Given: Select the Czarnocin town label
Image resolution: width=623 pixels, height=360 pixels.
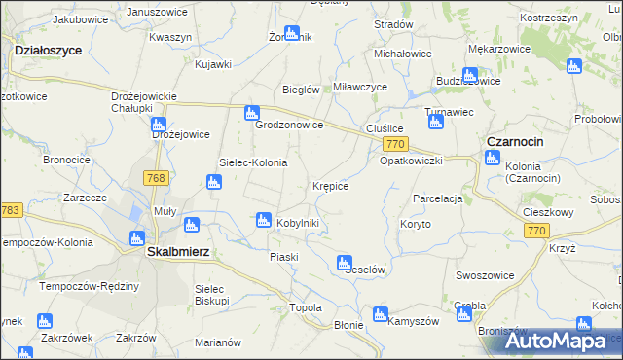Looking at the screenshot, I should (515, 141).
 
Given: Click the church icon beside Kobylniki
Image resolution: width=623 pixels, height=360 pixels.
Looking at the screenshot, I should (262, 221).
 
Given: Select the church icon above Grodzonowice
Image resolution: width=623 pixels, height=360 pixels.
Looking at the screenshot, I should (252, 112).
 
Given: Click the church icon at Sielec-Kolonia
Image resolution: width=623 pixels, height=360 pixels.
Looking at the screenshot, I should (213, 181).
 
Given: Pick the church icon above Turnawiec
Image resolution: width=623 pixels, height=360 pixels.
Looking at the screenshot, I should (435, 117).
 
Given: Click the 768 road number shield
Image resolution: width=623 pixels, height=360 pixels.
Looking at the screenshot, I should (154, 178).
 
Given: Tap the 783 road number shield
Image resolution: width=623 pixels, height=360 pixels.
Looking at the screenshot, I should (11, 211).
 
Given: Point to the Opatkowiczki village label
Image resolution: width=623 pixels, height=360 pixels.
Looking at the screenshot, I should (411, 161).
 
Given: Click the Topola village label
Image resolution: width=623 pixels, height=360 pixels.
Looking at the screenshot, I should (306, 307).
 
